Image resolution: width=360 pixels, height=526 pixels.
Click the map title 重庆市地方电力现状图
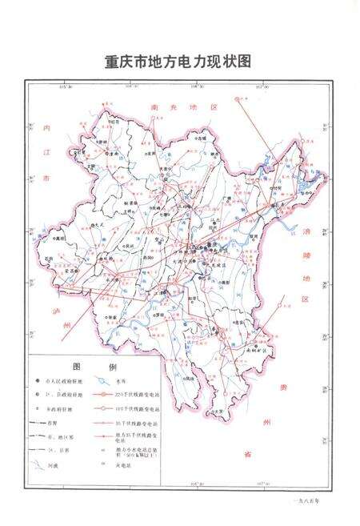(178, 62)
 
